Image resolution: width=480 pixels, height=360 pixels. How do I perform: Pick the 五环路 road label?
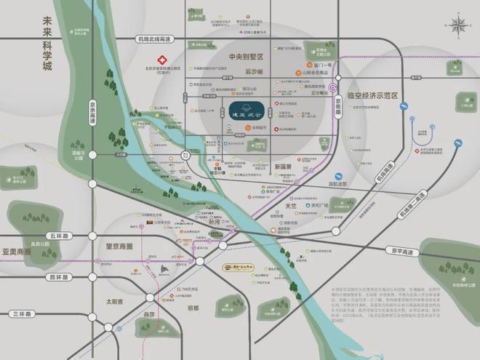coord(56,235)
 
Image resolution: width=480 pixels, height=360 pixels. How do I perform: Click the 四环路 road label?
coord(56,277)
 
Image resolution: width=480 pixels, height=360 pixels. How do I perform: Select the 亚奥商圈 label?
coord(17,251)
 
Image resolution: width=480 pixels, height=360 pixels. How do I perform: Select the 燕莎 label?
coord(148,315)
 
